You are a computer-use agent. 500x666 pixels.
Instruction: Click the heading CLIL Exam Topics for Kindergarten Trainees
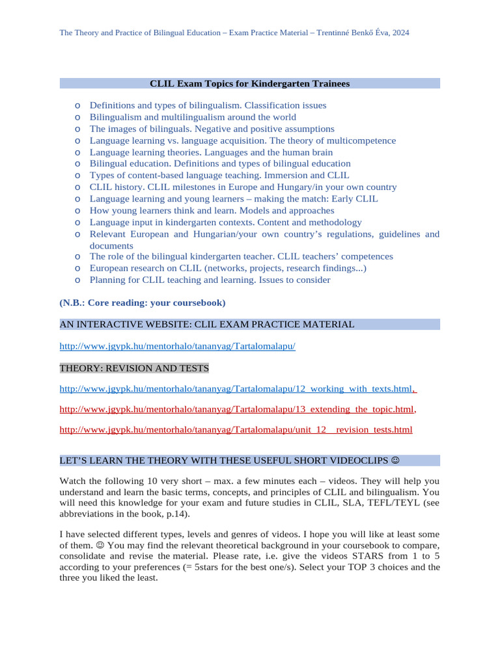(x=249, y=83)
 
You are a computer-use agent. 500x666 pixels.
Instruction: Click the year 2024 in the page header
(x=400, y=32)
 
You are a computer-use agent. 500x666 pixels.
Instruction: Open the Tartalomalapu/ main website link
(x=177, y=347)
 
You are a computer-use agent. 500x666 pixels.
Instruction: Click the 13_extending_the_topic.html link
(x=236, y=409)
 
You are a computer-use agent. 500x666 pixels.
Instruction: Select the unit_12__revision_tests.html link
(x=236, y=430)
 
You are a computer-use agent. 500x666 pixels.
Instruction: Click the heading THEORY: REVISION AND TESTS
(x=134, y=368)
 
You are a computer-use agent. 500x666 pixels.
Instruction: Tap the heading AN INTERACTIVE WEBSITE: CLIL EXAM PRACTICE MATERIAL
(x=207, y=324)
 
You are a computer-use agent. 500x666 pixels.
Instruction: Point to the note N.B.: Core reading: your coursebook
(x=143, y=302)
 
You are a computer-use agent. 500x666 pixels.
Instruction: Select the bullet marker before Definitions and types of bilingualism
(x=77, y=105)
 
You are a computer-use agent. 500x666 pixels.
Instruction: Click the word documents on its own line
(x=111, y=245)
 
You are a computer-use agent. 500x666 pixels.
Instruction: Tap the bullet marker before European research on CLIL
(x=77, y=268)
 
